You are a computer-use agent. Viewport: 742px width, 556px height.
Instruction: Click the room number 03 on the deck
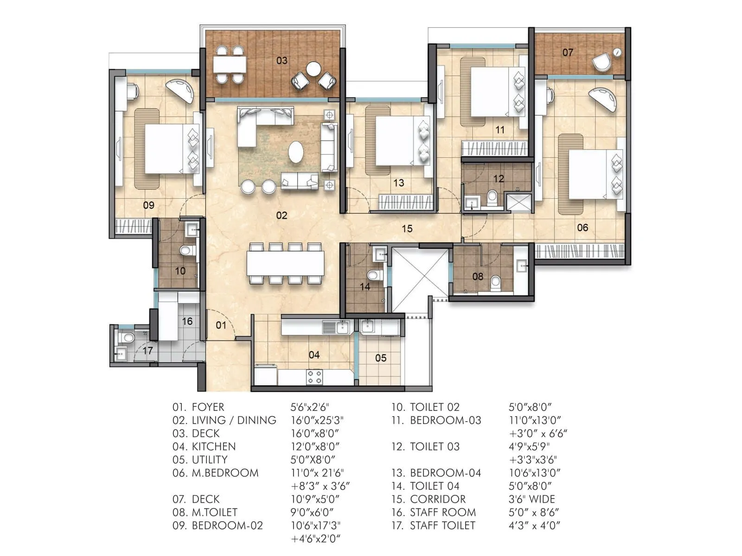point(282,61)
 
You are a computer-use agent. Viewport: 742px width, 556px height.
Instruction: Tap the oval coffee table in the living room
point(296,152)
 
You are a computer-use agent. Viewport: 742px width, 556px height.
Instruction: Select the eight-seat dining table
point(285,263)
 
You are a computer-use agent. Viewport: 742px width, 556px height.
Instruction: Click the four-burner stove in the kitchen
point(314,377)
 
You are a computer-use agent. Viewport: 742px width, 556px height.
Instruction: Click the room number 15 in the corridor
point(407,228)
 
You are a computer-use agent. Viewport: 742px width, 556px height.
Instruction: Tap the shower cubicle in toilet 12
point(518,203)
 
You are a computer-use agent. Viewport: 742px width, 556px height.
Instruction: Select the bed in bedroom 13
point(394,141)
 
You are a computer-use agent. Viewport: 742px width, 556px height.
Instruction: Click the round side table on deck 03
point(313,69)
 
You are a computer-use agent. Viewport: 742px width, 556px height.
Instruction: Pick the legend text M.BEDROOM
point(225,473)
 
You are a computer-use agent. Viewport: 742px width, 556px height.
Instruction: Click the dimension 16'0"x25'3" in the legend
point(317,420)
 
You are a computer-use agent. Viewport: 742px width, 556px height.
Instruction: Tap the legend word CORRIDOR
point(438,499)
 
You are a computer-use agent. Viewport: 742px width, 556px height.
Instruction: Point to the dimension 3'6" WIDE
point(531,499)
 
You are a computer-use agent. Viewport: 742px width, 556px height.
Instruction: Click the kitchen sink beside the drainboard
point(343,328)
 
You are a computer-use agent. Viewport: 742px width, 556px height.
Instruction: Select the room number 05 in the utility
point(381,358)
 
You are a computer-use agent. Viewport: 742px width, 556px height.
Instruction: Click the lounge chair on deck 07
point(601,63)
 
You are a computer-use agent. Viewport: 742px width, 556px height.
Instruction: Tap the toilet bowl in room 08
point(496,282)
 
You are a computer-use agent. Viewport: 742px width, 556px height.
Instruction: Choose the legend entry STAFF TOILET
point(442,525)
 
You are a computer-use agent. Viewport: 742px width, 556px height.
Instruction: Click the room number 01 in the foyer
point(221,325)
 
